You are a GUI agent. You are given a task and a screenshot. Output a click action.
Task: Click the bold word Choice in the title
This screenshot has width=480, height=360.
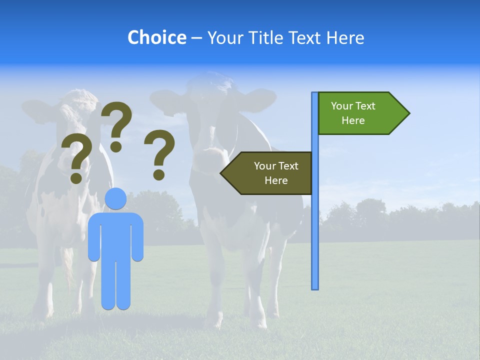(156, 37)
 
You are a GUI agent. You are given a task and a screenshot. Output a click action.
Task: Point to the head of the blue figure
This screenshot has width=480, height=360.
(115, 198)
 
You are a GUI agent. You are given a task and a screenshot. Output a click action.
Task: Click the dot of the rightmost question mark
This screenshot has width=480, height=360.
(159, 174)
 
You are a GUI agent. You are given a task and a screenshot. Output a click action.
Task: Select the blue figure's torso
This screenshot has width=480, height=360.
(115, 235)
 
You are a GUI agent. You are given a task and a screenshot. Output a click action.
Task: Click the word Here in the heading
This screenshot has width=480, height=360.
(345, 37)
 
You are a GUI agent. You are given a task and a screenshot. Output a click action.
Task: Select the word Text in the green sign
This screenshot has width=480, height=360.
(365, 106)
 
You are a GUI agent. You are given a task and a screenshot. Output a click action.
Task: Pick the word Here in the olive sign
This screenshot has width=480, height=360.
(276, 180)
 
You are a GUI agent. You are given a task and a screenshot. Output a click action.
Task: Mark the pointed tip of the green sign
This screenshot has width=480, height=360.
(408, 113)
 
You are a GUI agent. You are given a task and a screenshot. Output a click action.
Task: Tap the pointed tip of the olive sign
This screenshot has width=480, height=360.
(221, 173)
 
